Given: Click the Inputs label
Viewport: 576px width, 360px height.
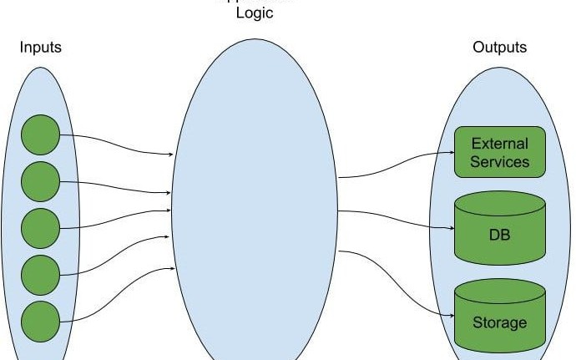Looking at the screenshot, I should (41, 48).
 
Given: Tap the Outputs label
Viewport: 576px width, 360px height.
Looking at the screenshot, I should (500, 48).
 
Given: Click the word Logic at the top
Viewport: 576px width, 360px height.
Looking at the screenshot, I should (255, 13).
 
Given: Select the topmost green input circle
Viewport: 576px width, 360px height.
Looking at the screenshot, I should (40, 135).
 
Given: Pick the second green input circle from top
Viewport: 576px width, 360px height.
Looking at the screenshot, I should (40, 181).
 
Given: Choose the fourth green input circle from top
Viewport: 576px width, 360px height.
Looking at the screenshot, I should (40, 274).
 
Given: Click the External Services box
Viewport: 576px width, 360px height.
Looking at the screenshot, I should (499, 152).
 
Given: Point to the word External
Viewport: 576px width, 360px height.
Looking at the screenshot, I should (499, 143).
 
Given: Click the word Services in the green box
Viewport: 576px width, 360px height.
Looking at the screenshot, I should (499, 161).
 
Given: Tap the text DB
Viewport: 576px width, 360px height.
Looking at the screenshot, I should (499, 235).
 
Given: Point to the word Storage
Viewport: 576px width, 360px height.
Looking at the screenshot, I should (499, 322).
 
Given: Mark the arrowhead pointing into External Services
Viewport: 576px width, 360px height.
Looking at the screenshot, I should (449, 155).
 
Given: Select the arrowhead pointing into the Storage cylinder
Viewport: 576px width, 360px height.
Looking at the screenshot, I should (449, 314).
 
